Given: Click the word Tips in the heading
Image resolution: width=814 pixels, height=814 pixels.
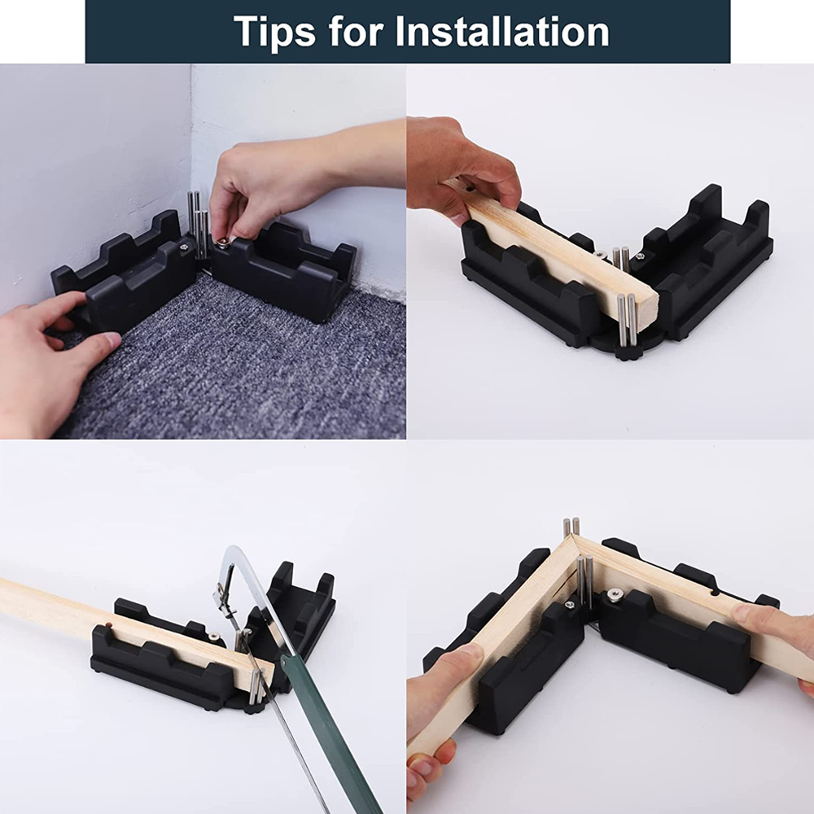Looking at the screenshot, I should click(274, 31).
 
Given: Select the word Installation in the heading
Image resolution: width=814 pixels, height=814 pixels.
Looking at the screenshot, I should click(502, 31).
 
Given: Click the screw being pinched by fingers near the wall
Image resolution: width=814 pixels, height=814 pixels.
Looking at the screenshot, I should click(221, 241).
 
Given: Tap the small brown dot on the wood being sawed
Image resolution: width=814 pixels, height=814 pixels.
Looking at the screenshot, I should click(106, 624).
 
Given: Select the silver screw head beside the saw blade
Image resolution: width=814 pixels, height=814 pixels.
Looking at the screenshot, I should click(213, 637).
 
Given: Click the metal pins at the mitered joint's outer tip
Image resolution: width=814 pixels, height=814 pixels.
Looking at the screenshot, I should click(571, 527).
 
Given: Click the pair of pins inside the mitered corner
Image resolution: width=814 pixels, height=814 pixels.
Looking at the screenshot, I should click(584, 580).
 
